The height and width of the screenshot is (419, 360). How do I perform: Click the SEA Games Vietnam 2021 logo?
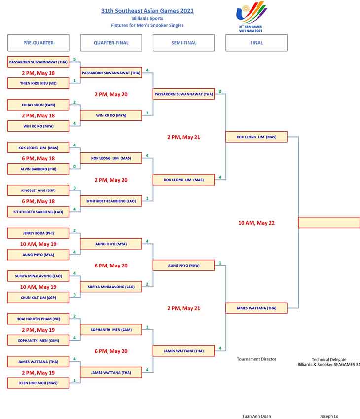251,17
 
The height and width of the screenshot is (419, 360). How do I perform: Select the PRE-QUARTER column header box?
38,43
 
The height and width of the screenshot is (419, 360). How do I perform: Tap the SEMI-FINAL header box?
184,43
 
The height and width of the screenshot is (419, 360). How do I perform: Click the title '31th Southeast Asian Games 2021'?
147,11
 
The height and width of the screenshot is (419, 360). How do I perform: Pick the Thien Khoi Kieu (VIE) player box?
38,83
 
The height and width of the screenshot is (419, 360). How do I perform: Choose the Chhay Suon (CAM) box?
38,105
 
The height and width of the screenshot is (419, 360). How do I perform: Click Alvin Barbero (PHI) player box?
38,169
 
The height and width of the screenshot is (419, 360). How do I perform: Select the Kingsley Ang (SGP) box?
38,190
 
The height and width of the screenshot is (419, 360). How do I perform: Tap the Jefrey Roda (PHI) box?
38,233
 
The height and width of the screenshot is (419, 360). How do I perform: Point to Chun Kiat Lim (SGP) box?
38,298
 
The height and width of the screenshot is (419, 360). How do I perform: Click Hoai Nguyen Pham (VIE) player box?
38,319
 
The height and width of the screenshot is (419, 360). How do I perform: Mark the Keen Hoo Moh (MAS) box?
38,383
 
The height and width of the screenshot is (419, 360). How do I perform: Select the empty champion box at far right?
329,222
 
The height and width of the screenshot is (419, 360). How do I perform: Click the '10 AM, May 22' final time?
256,223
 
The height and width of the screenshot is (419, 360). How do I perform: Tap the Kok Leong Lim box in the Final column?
256,137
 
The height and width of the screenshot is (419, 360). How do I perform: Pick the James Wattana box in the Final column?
256,308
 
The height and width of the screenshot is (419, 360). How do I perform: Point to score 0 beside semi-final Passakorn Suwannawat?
220,91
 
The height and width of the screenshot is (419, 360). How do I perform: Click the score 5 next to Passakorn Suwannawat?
74,59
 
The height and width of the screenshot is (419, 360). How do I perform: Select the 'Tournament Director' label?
256,359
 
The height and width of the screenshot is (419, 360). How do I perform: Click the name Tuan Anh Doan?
256,416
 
